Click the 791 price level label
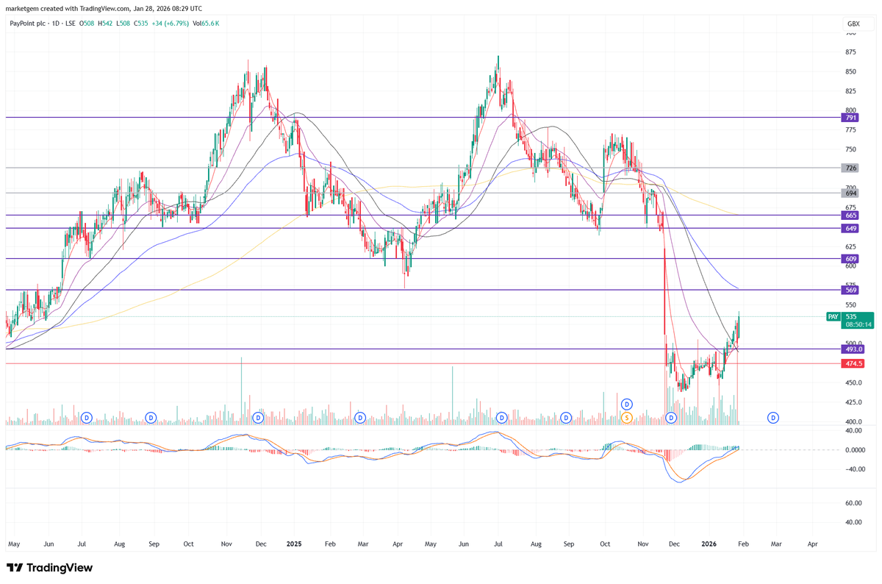[x=850, y=118]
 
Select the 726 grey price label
[x=850, y=168]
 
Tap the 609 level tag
[x=850, y=259]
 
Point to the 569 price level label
[x=850, y=291]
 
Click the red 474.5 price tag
[x=853, y=363]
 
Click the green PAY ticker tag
[x=833, y=316]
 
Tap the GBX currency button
[x=853, y=24]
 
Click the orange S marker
[x=627, y=418]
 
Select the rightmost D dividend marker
[x=773, y=418]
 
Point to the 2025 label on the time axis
[x=294, y=544]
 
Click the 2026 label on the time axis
[x=709, y=544]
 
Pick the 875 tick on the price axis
[x=850, y=52]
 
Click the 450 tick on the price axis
[x=850, y=382]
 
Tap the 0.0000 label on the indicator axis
[x=853, y=450]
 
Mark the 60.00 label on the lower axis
[x=853, y=503]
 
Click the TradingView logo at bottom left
[x=50, y=568]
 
